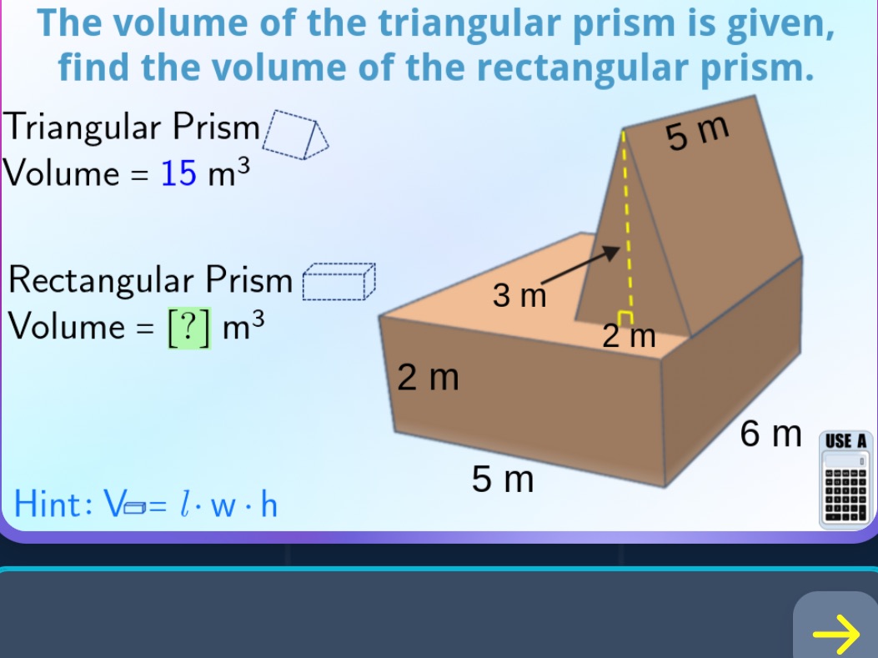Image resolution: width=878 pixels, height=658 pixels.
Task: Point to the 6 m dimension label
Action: [x=770, y=434]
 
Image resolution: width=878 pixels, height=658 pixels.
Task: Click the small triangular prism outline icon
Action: [x=295, y=136]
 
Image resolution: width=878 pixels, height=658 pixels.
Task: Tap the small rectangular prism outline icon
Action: [x=339, y=282]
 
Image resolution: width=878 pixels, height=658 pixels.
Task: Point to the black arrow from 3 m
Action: [x=579, y=266]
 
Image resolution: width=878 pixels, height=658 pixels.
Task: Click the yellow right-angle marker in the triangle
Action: [x=626, y=314]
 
